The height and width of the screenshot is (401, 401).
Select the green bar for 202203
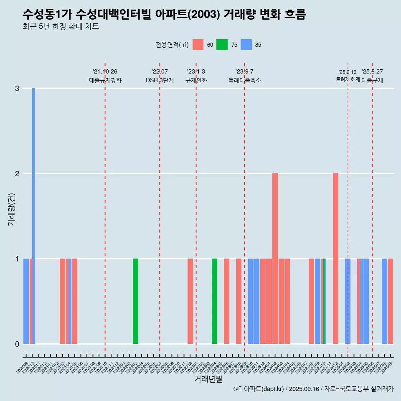[x=135, y=301]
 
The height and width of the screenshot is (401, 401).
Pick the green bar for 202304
[x=214, y=301]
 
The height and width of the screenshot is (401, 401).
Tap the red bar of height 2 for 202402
[x=275, y=259]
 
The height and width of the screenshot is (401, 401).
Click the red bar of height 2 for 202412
[x=335, y=259]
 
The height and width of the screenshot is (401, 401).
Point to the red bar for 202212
[x=190, y=301]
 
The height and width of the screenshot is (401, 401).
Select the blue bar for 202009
[x=26, y=301]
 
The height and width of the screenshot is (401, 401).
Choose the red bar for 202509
[x=390, y=301]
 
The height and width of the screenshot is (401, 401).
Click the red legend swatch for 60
[x=198, y=45]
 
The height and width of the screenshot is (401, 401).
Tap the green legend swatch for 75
[x=222, y=45]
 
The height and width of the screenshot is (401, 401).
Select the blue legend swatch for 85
[x=246, y=45]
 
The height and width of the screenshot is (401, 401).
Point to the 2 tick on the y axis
[x=17, y=173]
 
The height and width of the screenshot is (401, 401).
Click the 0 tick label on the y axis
[x=17, y=344]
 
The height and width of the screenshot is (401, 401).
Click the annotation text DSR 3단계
[x=160, y=80]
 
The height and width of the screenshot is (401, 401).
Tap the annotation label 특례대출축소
[x=244, y=80]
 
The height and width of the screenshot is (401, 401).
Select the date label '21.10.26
[x=105, y=72]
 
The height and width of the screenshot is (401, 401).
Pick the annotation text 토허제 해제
[x=348, y=79]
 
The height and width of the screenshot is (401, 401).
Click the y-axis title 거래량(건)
[x=11, y=209]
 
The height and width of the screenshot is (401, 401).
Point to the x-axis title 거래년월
[x=208, y=379]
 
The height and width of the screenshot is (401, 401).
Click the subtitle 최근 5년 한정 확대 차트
[x=61, y=27]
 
